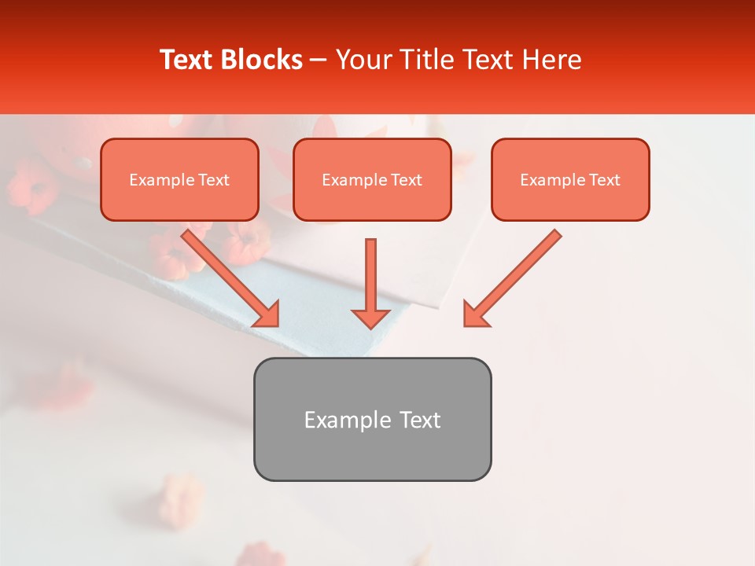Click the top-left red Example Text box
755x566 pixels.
[x=179, y=179]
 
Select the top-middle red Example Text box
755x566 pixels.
[x=372, y=179]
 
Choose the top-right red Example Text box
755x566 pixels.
[x=570, y=179]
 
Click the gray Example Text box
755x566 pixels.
[x=372, y=419]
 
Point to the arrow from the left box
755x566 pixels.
[x=228, y=275]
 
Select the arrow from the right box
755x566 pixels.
[x=515, y=275]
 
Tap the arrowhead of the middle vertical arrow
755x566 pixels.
[x=370, y=318]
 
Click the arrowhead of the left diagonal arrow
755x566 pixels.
[x=267, y=314]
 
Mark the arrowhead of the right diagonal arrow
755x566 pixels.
[x=475, y=314]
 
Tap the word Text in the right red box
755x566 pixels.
[x=604, y=180]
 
